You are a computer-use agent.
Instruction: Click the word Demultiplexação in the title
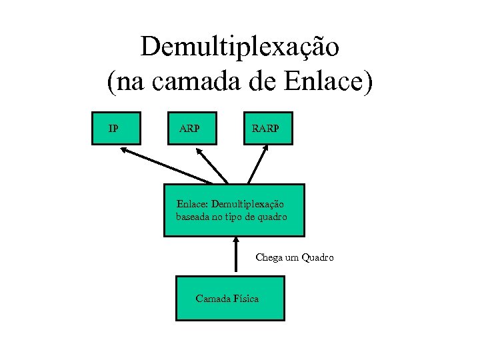240,47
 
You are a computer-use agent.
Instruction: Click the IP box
117,127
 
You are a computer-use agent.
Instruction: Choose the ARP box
193,127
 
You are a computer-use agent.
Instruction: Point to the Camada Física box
229,298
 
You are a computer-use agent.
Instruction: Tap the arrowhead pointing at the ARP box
201,151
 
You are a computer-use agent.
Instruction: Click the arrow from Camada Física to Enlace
235,257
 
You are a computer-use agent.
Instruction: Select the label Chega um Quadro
295,257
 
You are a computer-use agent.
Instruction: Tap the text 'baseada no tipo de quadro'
231,217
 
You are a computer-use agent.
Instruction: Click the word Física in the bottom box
246,299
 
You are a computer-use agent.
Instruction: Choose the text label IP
114,127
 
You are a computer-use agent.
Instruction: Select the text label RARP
265,127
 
